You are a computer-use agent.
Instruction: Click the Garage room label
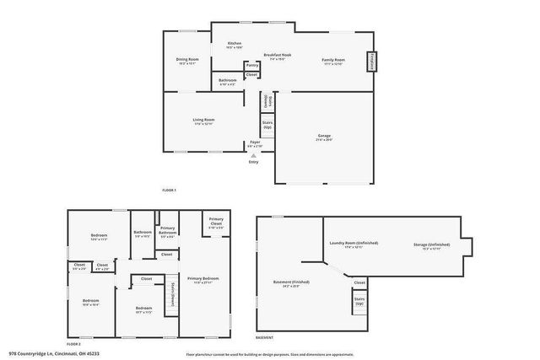click(324, 136)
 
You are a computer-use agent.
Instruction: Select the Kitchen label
click(235, 44)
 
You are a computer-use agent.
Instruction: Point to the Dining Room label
click(187, 61)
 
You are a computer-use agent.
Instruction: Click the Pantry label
click(251, 64)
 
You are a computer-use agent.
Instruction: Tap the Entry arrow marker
click(254, 157)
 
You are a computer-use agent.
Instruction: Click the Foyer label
click(255, 144)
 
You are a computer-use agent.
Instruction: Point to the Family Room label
click(333, 61)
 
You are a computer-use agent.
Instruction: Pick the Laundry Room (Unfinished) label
click(346, 245)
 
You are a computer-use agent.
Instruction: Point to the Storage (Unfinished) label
click(427, 245)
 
